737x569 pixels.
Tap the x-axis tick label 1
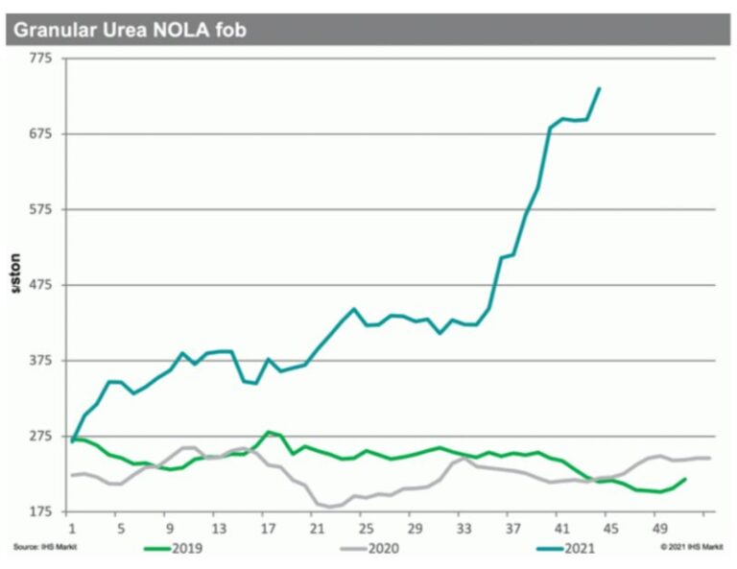(x=71, y=528)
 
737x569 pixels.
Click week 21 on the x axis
(x=314, y=528)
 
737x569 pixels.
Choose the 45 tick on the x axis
(x=610, y=528)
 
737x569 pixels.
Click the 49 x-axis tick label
(x=659, y=528)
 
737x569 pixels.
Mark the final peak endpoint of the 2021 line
(x=600, y=88)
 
